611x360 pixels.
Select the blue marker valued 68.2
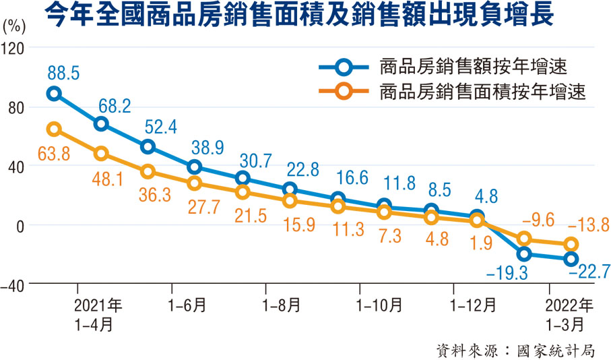point(101,123)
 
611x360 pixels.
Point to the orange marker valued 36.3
point(148,171)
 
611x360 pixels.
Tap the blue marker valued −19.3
point(524,254)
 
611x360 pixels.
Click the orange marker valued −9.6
point(524,238)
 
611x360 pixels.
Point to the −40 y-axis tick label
point(14,286)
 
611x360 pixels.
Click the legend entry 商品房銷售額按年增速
point(472,66)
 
